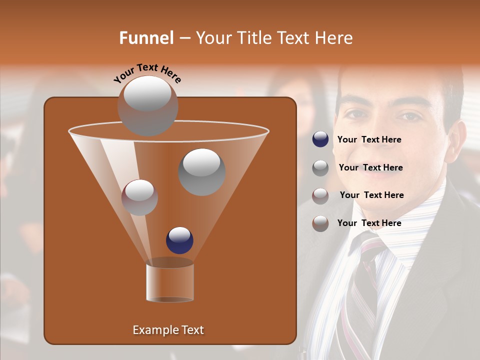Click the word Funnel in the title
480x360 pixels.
pos(146,38)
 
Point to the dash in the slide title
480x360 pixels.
pos(184,38)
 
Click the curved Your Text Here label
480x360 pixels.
pos(147,72)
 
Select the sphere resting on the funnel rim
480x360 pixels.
pos(147,106)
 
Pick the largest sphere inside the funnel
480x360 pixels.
pos(202,172)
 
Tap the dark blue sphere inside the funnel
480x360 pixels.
pos(179,240)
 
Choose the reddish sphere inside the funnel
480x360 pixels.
pos(139,197)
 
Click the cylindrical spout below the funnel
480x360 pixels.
pos(170,282)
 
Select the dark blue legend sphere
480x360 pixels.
pos(320,139)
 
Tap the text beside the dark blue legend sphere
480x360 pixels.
pos(369,140)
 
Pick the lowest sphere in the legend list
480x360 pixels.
pos(320,223)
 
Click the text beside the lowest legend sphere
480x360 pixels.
pos(369,223)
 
